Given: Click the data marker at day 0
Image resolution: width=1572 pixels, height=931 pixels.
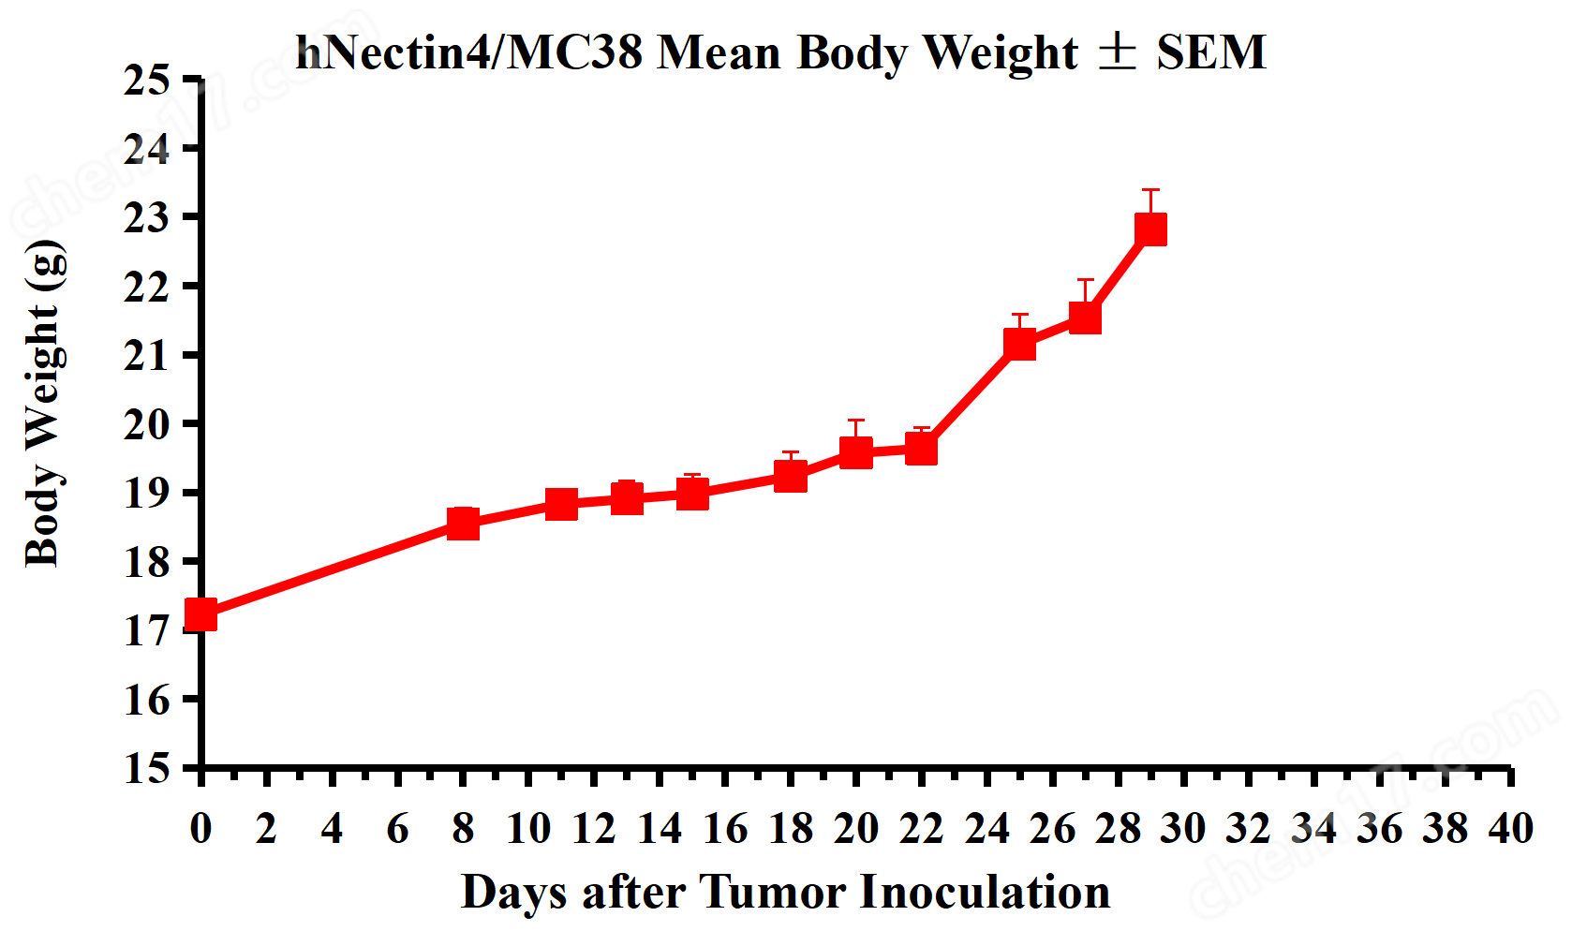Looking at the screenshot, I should pos(200,615).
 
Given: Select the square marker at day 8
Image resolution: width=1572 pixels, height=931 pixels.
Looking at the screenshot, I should pos(463,523).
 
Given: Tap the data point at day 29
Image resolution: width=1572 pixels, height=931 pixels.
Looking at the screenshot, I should pos(1150,229).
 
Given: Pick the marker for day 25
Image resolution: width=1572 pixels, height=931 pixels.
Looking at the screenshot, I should pos(1019,344).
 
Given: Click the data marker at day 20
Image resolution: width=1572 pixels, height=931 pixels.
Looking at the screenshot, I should pos(855,453).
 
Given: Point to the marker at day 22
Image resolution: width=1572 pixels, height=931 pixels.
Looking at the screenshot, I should pos(921,450).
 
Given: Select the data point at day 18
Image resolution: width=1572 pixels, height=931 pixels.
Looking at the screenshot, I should pos(791,476).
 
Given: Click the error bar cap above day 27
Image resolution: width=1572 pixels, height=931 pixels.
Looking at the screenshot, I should pos(1085,279).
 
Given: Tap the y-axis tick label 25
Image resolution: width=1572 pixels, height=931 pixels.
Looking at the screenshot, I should pos(147,81).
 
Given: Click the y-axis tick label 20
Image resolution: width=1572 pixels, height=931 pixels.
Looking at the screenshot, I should pos(147,424).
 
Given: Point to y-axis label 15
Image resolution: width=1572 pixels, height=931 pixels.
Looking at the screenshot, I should pos(147,768).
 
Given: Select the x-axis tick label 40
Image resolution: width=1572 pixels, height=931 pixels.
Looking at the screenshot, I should pos(1510,829).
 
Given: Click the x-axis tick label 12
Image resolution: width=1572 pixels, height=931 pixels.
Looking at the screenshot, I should pos(594,829).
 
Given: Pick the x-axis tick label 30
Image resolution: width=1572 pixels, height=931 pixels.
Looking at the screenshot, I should pos(1183,829).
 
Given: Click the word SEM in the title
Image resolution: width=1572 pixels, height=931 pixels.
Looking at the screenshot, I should pos(1210,52).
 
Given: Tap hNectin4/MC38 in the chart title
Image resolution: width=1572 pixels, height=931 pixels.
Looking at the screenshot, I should pos(468,52).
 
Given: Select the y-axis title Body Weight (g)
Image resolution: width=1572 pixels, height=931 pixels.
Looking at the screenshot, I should pos(44,404).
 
